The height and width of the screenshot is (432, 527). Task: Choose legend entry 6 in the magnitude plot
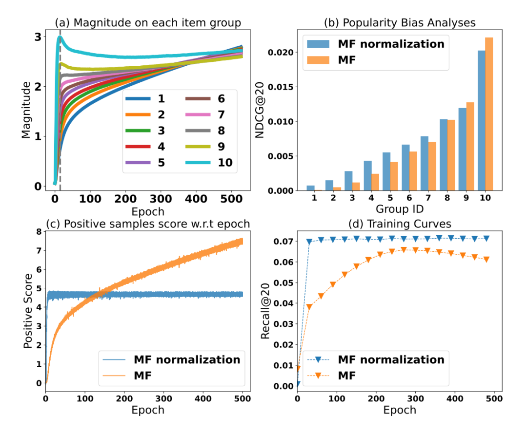[205, 99]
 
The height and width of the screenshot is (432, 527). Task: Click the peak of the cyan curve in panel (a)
[60, 37]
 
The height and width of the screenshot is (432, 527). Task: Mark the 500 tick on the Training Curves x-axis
[494, 397]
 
